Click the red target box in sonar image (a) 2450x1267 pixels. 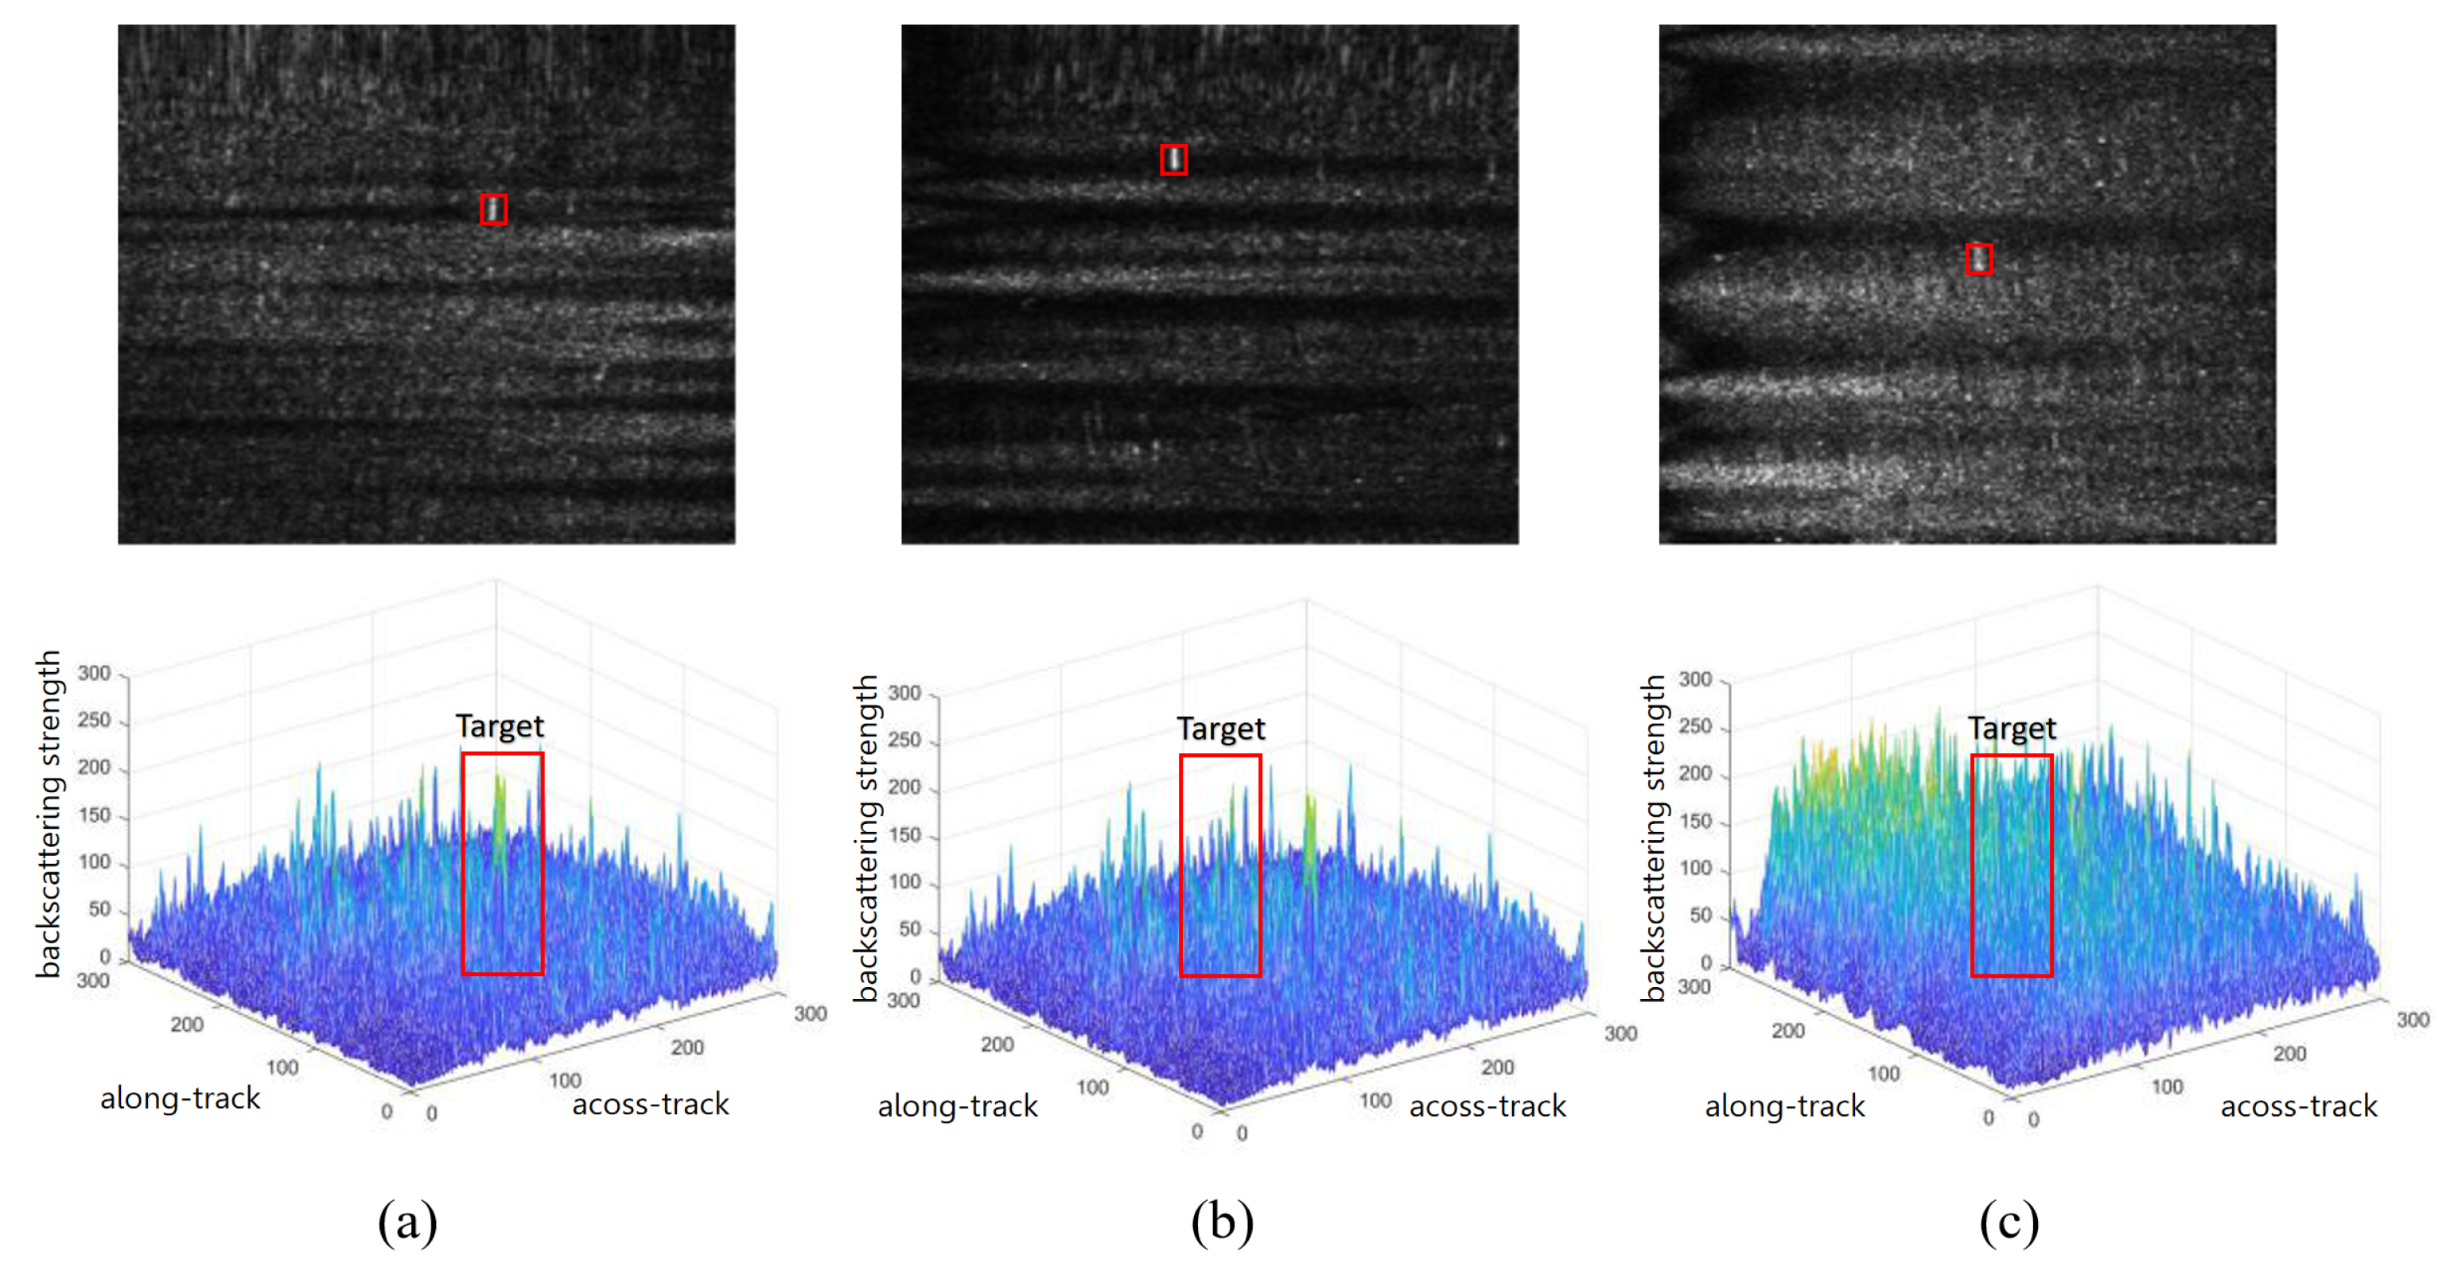pos(492,209)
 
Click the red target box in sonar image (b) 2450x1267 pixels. pos(1173,160)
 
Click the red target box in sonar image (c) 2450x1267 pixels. pos(1978,258)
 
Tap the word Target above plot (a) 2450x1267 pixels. pos(500,727)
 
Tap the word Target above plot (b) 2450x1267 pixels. pos(1220,729)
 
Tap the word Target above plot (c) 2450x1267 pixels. pos(2011,729)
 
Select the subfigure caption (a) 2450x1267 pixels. pos(407,1222)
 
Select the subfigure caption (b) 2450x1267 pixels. pos(1222,1222)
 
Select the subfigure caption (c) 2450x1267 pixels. pos(2009,1222)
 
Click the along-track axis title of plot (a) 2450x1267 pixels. pos(180,1098)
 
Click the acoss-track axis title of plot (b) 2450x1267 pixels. pos(1487,1106)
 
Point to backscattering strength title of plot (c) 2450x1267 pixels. pos(1654,837)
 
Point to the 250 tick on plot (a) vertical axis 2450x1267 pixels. pos(94,720)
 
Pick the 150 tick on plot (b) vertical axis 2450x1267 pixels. pos(904,835)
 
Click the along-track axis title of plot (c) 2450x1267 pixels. pos(1784,1106)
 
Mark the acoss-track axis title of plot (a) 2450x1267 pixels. pos(650,1104)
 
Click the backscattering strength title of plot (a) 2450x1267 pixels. pos(49,814)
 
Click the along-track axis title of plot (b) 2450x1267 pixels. pos(957,1106)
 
